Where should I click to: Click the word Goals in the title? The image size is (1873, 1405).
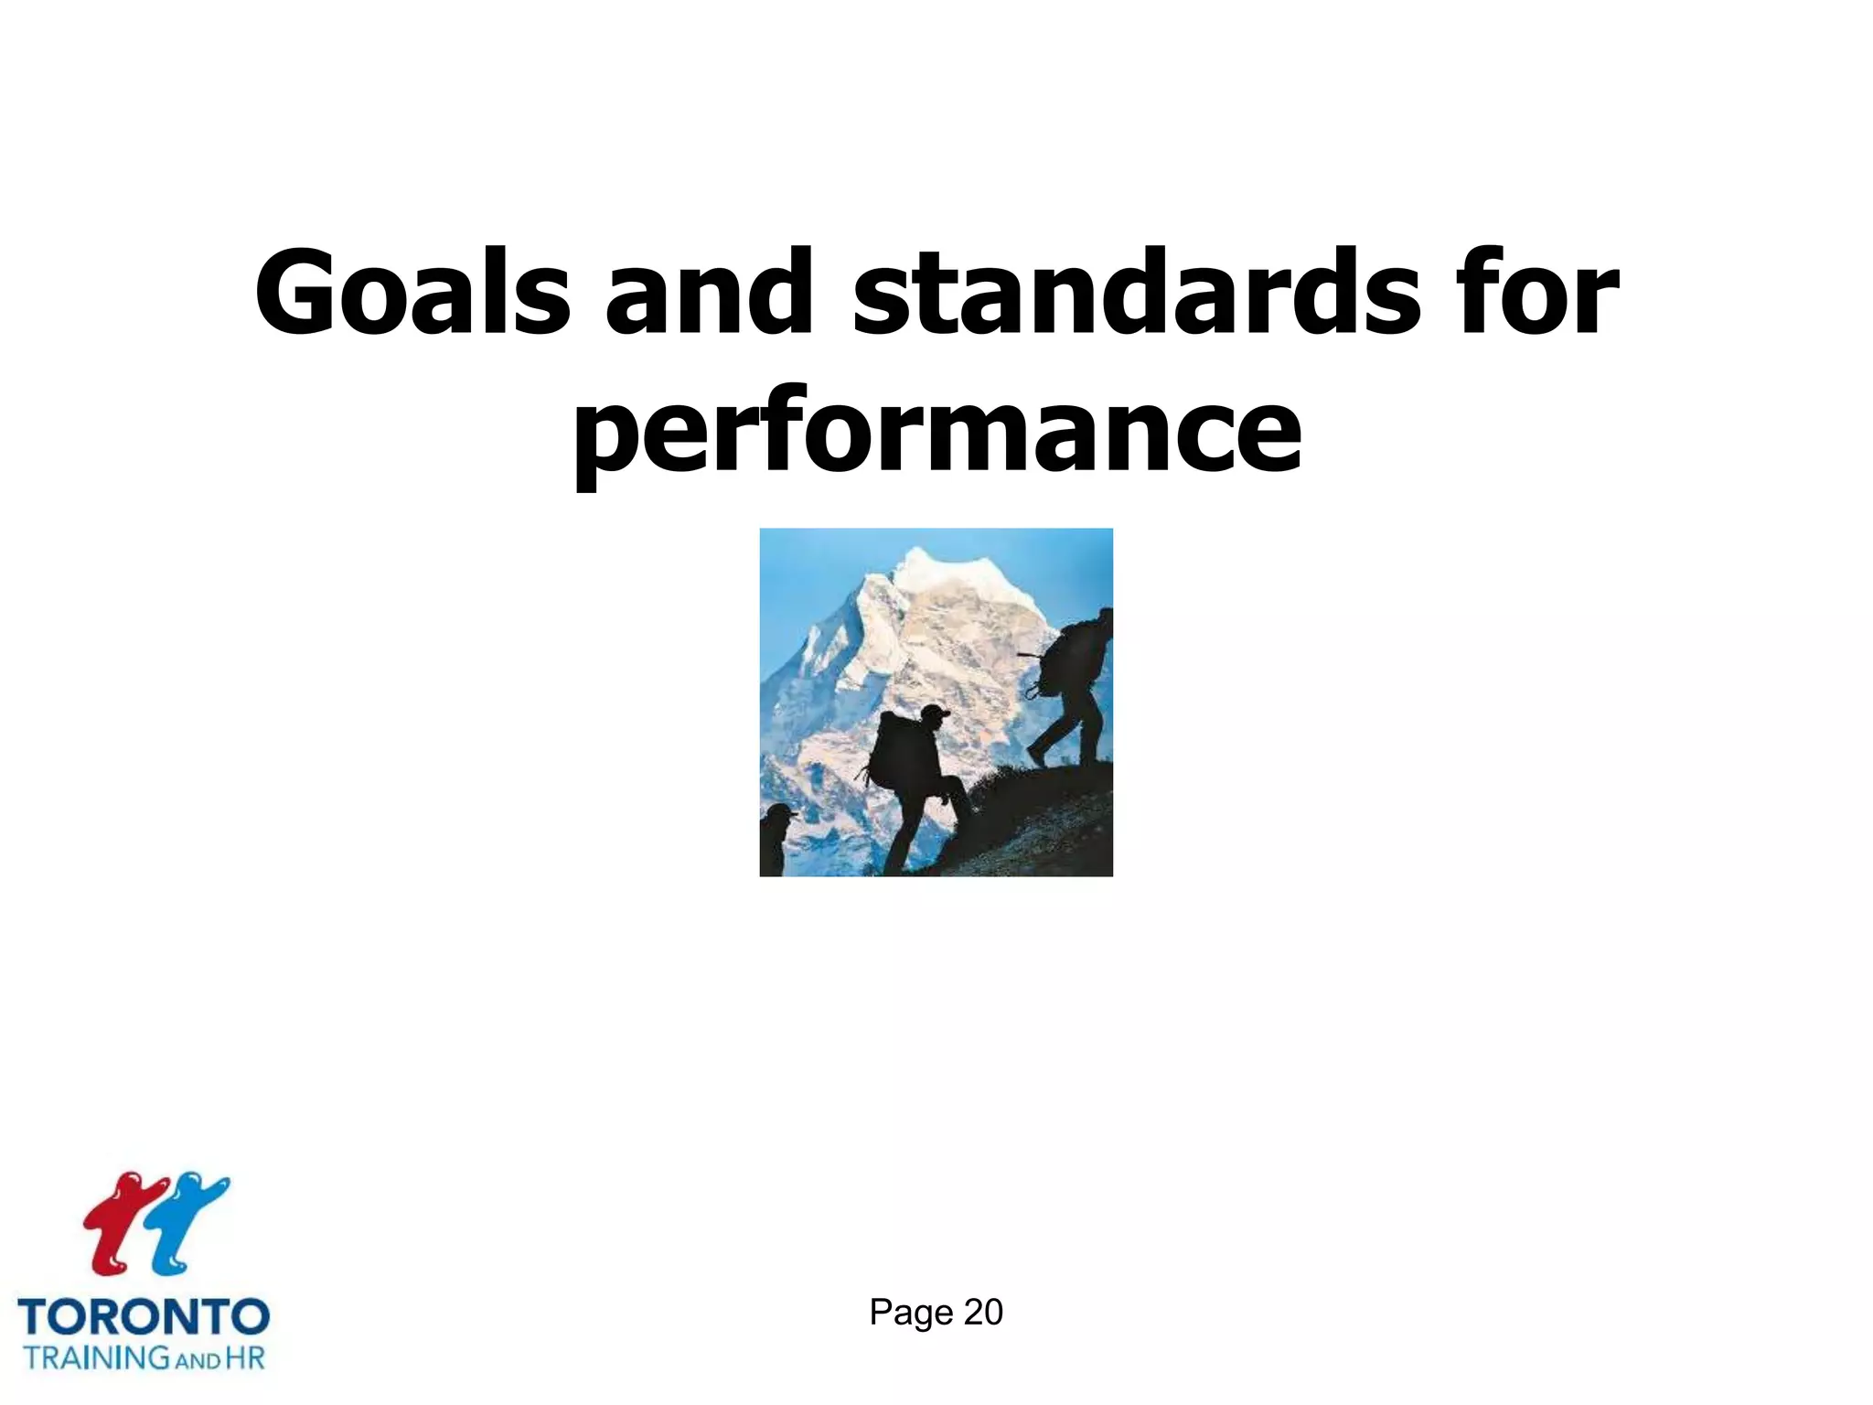pyautogui.click(x=412, y=292)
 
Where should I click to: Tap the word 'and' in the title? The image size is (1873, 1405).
pyautogui.click(x=709, y=292)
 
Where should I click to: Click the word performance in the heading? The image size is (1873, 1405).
pyautogui.click(x=936, y=430)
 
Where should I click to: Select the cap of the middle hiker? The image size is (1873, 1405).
pyautogui.click(x=934, y=713)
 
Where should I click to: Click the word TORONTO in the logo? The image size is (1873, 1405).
pyautogui.click(x=144, y=1318)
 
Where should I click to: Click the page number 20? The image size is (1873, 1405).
pyautogui.click(x=983, y=1313)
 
